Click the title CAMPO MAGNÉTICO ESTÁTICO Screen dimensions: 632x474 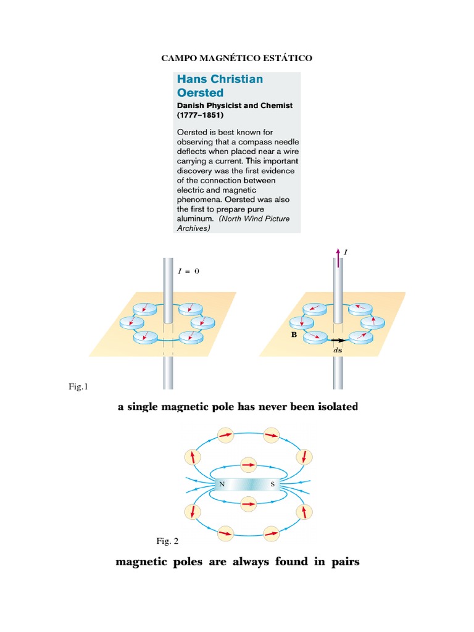pos(237,59)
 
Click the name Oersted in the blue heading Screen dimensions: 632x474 pos(199,93)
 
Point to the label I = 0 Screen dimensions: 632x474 pos(189,271)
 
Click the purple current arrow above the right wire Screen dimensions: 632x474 pos(338,257)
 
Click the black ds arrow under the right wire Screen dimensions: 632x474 pos(338,340)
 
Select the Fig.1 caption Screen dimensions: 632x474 pos(79,387)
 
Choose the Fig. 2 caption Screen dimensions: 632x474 pos(167,541)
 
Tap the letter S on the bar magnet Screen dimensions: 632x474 pos(272,484)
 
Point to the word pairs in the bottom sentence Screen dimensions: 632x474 pos(344,562)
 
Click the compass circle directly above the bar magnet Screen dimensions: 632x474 pos(248,465)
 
